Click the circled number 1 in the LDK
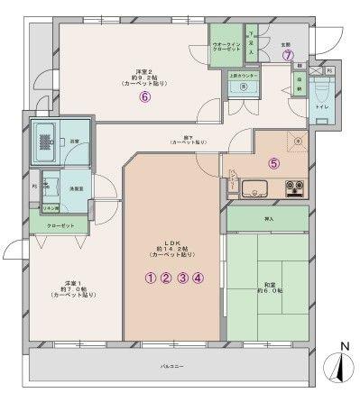click(150, 278)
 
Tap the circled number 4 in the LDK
click(198, 278)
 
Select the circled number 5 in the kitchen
click(274, 164)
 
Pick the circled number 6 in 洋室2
click(144, 99)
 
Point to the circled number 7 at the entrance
click(288, 55)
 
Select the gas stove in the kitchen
click(294, 189)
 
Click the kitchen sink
click(254, 189)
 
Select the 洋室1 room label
click(68, 286)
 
